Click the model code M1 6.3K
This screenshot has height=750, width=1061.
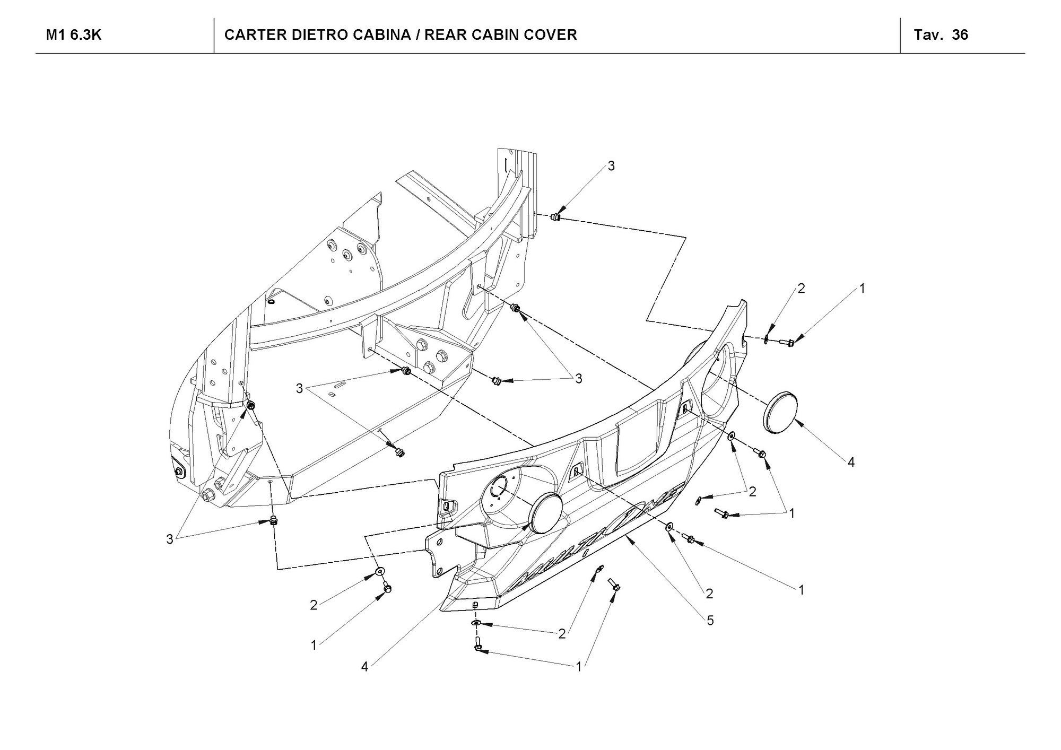tap(74, 35)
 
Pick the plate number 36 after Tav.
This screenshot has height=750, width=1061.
tap(960, 35)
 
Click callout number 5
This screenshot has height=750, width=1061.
tap(710, 620)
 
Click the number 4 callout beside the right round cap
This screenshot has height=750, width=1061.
tap(851, 462)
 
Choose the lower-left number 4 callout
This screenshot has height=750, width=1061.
tap(364, 667)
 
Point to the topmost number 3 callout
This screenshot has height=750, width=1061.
tap(611, 166)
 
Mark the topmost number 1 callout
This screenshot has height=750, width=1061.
tap(862, 289)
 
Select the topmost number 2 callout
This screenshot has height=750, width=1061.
tap(801, 289)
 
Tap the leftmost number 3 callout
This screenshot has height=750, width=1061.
tap(170, 539)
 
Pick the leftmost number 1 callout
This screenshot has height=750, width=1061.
tap(314, 645)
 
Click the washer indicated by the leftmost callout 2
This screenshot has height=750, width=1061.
tap(380, 572)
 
